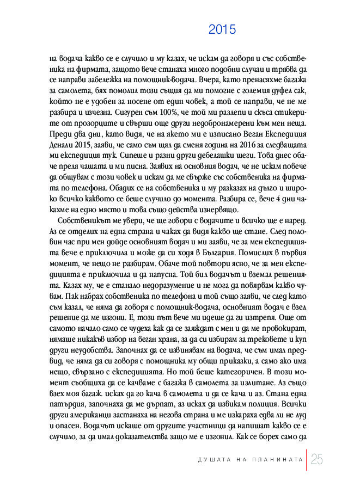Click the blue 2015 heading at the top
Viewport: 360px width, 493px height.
(222, 30)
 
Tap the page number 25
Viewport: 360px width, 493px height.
(317, 460)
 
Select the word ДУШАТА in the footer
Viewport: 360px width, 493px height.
(213, 460)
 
